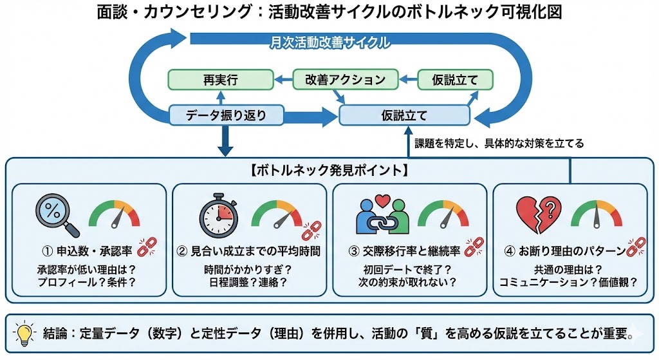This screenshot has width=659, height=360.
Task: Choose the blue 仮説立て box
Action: click(x=404, y=116)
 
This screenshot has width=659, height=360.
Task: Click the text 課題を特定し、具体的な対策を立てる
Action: click(x=499, y=144)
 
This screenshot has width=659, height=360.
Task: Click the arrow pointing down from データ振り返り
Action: click(x=225, y=142)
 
